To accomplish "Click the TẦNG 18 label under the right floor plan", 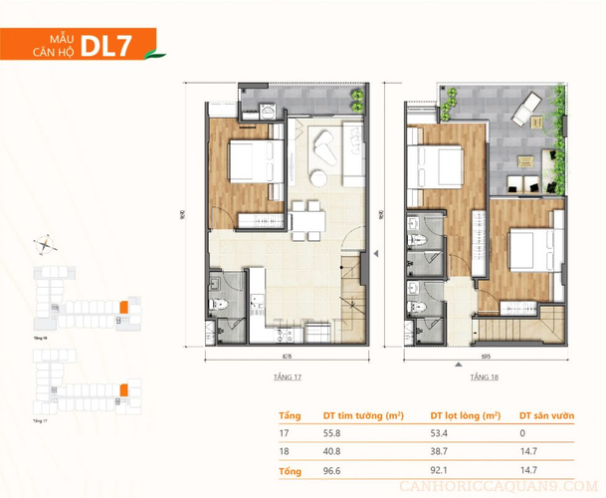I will pos(485,378).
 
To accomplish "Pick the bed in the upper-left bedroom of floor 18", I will pos(439,163).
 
